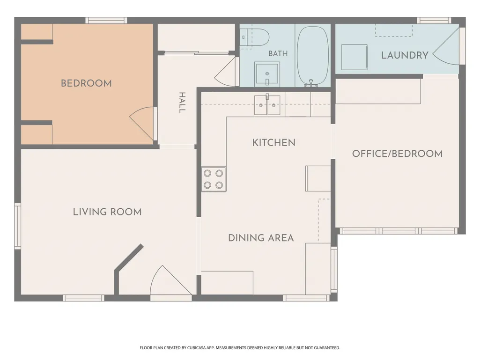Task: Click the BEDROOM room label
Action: pos(86,83)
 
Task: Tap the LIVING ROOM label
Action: pos(107,212)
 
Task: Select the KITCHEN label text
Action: pos(273,143)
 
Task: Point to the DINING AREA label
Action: pos(261,238)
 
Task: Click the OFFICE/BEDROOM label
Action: pos(398,154)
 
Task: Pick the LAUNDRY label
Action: pos(405,55)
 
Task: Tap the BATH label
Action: pos(278,53)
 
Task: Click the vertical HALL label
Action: pos(182,103)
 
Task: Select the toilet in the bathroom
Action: pos(254,37)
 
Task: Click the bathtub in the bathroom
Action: pos(313,55)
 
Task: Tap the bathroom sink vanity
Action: pos(267,74)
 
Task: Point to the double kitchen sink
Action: pos(267,105)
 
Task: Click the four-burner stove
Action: pos(214,179)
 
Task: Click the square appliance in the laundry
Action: pos(354,57)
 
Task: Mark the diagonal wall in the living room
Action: pos(129,258)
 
